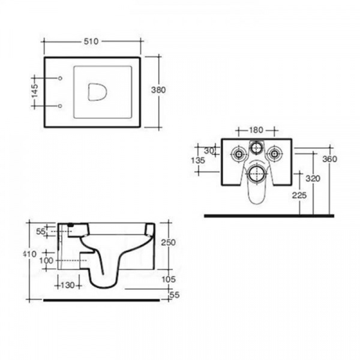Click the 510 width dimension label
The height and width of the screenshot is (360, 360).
91,41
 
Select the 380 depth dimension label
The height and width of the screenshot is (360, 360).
158,90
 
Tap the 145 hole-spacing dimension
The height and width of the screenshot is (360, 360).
35,91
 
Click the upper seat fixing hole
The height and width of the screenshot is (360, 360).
60,78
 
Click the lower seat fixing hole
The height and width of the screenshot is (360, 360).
60,106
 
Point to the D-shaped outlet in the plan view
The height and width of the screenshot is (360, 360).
97,92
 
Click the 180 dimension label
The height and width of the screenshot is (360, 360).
256,130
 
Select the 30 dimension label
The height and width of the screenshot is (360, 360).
209,151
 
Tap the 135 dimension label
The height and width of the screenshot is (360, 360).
198,160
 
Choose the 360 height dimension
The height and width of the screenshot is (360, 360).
329,159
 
